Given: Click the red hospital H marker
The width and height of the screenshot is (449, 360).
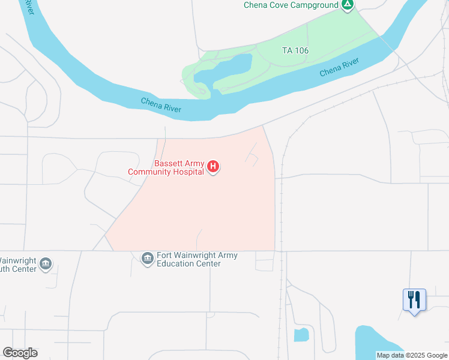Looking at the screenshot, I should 212,166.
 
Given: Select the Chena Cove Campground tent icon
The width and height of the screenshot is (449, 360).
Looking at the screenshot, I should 347,5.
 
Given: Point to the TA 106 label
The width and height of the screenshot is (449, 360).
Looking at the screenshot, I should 295,51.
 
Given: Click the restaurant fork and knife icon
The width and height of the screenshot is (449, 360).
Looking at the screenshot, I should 414,298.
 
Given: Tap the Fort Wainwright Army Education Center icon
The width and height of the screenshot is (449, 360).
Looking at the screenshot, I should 147,259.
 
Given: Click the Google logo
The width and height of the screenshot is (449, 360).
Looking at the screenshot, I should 20,353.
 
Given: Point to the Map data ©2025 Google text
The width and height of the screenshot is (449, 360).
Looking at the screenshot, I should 412,355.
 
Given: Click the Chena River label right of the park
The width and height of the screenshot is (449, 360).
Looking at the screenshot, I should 339,67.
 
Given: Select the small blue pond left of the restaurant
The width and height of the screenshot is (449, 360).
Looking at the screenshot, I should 301,335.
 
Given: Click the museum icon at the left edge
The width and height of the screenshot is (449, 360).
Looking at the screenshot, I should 46,264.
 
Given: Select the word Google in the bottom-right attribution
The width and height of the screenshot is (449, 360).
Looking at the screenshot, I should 435,355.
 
